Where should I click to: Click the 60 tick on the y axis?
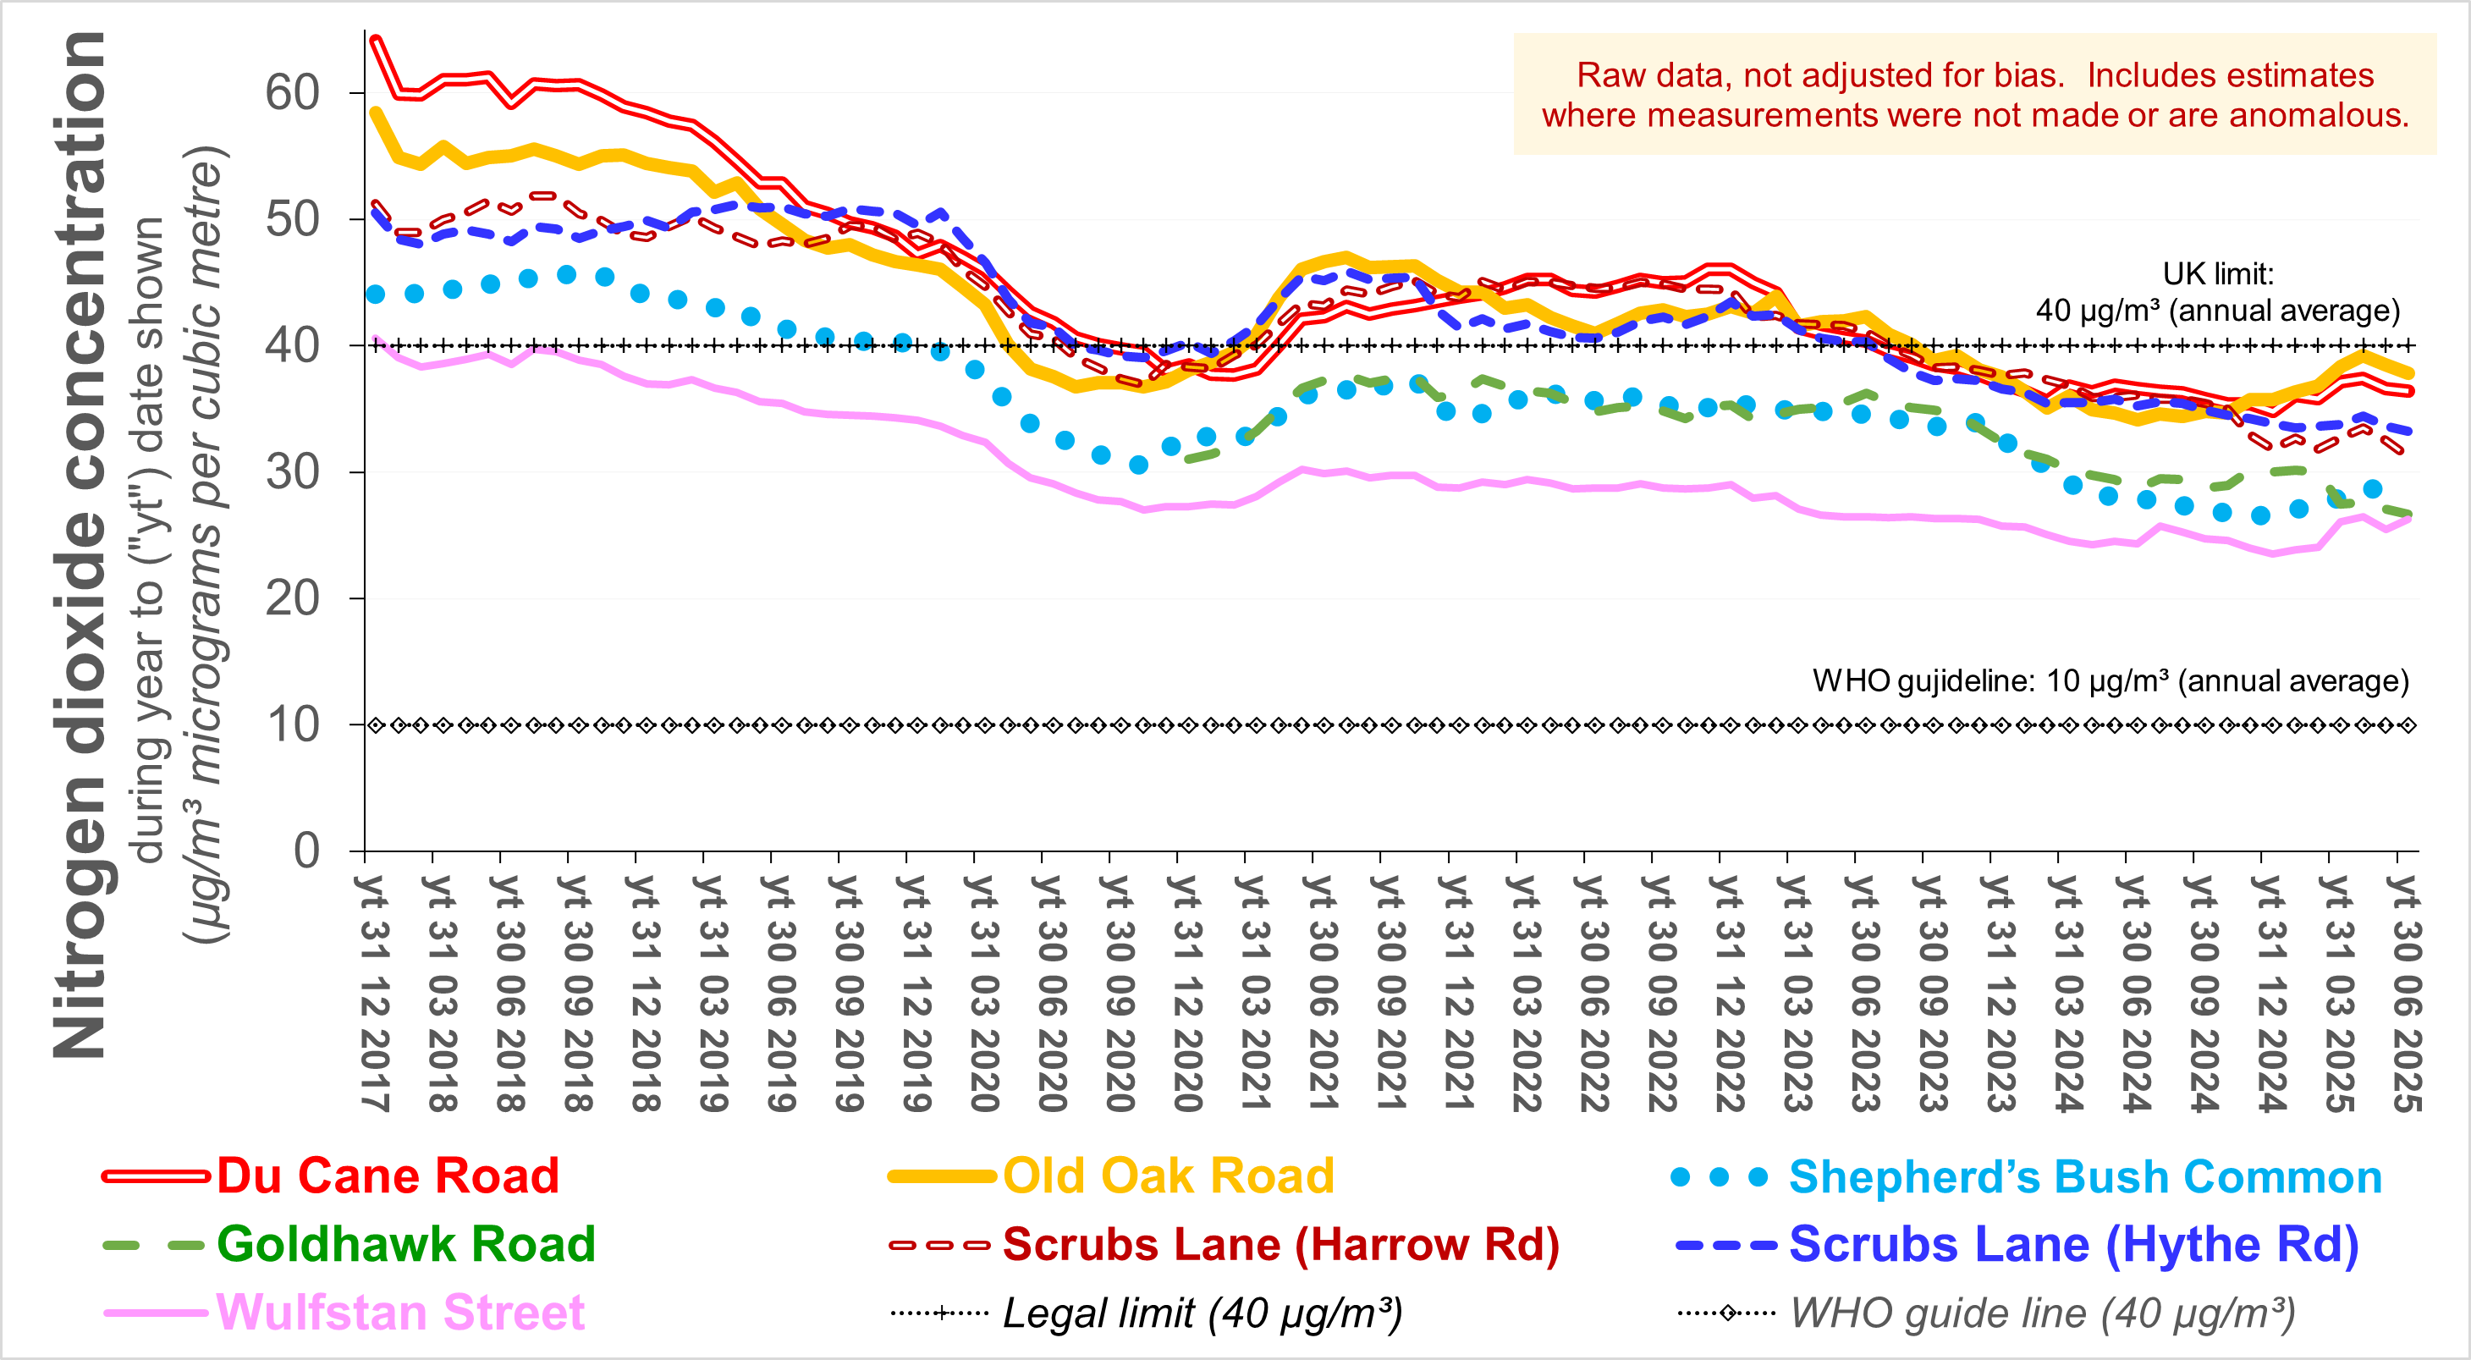[x=293, y=93]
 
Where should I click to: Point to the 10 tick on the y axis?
[x=293, y=725]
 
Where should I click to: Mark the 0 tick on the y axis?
[x=307, y=851]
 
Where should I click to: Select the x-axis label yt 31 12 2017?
[x=375, y=993]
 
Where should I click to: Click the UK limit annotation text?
[x=2218, y=293]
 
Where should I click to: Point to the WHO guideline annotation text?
[x=2111, y=681]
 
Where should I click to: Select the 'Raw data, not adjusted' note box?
[x=1975, y=94]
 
